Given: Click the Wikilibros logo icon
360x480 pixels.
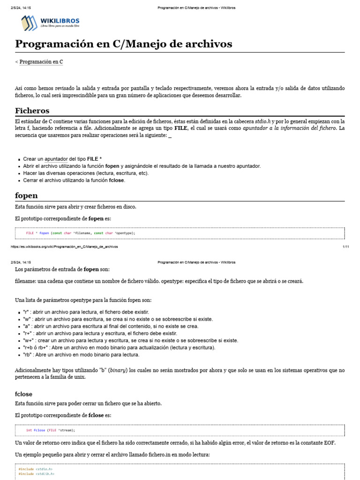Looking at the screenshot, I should tap(29, 22).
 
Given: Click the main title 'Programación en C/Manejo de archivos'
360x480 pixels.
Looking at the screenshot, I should tap(124, 44).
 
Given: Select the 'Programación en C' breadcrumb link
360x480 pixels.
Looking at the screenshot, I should tap(41, 62).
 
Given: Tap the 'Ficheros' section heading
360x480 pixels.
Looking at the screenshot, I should tap(32, 111).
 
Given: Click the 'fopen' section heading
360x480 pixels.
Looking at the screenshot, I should tap(26, 195).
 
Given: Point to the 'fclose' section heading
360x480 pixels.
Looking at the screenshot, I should tap(24, 394).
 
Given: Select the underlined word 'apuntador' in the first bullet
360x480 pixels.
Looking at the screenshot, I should tap(56, 159).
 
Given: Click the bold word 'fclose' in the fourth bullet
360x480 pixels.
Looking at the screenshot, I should tap(117, 180).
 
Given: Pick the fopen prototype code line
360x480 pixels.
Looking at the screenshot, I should tap(81, 233).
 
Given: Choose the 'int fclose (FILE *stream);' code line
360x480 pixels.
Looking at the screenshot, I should tap(51, 430).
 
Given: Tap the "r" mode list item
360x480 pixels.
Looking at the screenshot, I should tap(86, 312).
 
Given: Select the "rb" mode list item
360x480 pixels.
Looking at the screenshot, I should tap(81, 355).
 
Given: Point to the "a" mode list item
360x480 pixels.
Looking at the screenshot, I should tap(111, 326).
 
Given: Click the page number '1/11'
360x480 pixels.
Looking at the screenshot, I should tap(346, 246).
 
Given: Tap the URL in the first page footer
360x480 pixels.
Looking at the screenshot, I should tap(64, 246).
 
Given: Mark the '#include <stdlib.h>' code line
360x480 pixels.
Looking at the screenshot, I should tap(36, 474).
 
